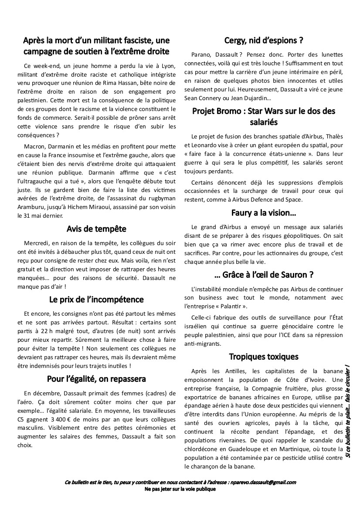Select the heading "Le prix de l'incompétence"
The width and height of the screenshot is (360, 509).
pyautogui.click(x=96, y=300)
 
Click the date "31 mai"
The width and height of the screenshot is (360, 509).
pyautogui.click(x=35, y=215)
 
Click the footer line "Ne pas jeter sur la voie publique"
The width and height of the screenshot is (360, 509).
pyautogui.click(x=180, y=489)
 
